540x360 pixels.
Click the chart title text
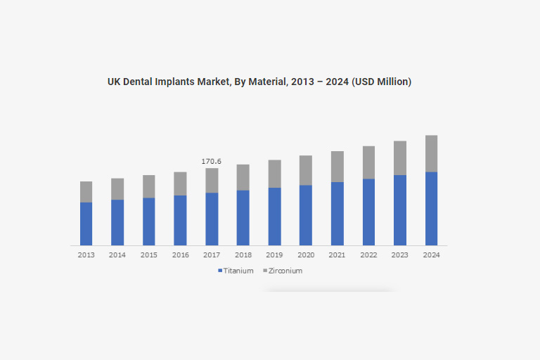tap(259, 82)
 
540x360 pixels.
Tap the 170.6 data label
tap(212, 162)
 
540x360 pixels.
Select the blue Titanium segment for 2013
tap(86, 224)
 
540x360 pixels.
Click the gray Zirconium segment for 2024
tap(431, 153)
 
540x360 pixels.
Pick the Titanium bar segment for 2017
tap(212, 219)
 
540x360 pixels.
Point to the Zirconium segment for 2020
tap(306, 170)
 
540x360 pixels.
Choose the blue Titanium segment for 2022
tap(368, 212)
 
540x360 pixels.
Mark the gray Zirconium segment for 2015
tap(149, 186)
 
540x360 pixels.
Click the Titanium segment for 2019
tap(274, 216)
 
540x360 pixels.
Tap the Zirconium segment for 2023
tap(399, 157)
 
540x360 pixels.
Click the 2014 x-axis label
tap(117, 255)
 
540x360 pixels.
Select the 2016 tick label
tap(180, 255)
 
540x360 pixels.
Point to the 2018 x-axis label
tap(243, 255)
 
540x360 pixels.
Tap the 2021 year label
tap(337, 255)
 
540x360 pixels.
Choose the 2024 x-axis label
tap(431, 255)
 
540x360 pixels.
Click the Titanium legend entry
tap(238, 271)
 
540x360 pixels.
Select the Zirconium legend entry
tap(285, 271)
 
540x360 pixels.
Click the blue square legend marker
tap(220, 271)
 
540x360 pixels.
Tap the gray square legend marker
tap(265, 271)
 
